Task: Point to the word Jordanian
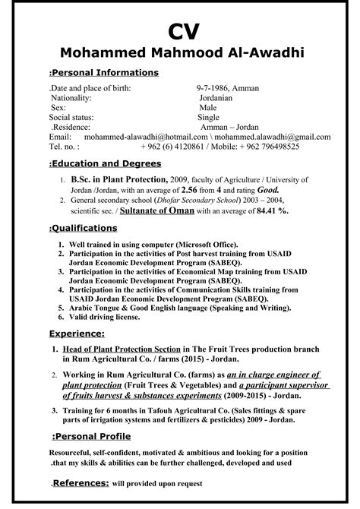point(221,99)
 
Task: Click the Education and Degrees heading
point(105,163)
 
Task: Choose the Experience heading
point(76,334)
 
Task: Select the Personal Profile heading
point(92,436)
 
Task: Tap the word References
point(80,482)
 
